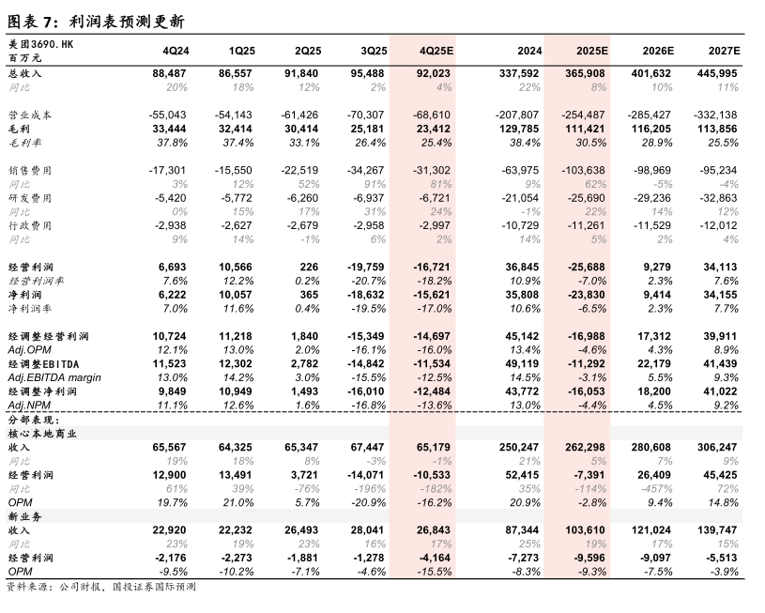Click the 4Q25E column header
point(436,49)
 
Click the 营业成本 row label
point(29,115)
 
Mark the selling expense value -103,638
point(586,170)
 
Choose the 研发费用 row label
point(29,198)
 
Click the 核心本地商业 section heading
point(42,434)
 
